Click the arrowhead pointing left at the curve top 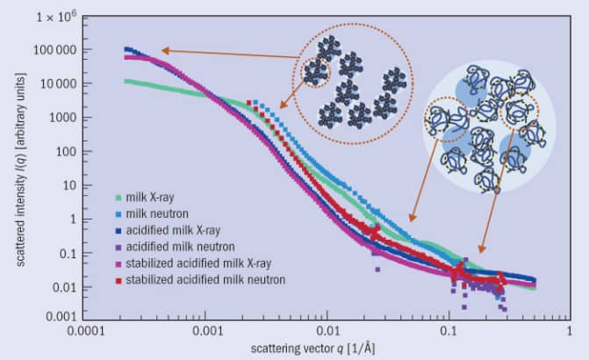click(165, 51)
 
